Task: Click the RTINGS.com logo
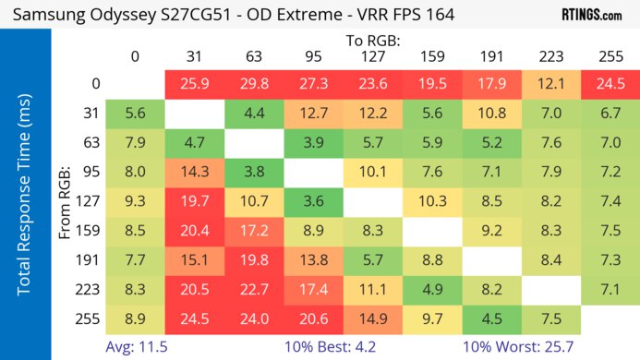(x=591, y=16)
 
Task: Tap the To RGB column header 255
(x=608, y=56)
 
